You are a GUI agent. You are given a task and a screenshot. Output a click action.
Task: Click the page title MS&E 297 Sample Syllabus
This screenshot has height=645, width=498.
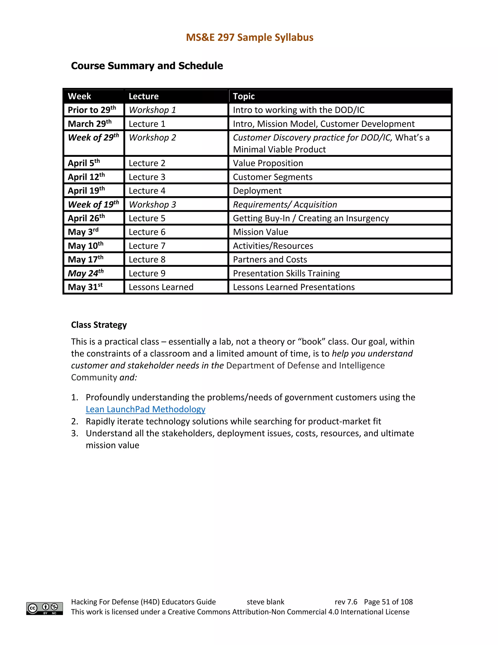[249, 37]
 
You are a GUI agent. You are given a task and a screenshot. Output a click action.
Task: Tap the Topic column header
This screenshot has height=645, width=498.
[244, 96]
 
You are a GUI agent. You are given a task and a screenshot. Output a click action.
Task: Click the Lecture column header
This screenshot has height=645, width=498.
[143, 96]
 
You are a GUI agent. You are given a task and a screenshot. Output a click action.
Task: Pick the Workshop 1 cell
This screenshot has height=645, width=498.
[152, 110]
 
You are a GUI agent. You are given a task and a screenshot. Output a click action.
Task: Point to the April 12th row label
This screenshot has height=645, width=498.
[86, 177]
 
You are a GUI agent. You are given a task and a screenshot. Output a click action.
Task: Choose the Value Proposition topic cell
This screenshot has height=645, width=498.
[268, 163]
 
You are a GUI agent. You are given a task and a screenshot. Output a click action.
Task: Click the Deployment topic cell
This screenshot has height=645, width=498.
[257, 191]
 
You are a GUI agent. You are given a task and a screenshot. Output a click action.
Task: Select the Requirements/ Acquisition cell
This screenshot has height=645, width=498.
[285, 204]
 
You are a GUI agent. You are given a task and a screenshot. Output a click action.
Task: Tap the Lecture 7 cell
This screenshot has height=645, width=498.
[147, 246]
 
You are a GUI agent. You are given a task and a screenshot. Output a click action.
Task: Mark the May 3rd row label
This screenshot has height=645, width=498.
[83, 232]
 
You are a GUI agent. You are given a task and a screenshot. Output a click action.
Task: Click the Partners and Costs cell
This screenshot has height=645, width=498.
[270, 260]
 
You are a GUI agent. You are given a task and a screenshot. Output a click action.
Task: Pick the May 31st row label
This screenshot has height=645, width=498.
[85, 287]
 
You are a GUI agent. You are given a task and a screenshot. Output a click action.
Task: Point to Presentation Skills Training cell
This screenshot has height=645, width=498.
[286, 273]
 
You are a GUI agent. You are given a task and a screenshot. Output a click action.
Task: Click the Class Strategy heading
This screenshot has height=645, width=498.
[99, 325]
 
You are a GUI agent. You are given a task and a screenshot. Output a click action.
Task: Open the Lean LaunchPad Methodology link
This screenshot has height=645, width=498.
[145, 409]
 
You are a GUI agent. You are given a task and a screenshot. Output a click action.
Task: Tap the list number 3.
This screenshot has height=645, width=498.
[74, 433]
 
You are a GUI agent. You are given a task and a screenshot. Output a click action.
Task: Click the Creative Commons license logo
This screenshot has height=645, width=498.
[44, 608]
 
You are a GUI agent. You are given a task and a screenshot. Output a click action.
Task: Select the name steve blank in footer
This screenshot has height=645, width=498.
[265, 602]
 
